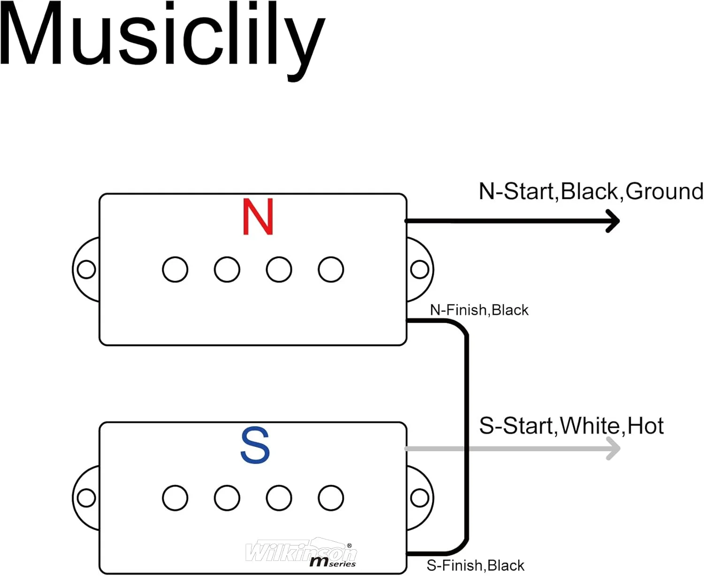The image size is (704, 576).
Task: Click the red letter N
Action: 258,217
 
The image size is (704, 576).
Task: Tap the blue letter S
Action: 255,445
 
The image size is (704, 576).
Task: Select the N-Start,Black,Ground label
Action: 591,192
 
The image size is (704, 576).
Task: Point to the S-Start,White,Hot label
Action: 571,426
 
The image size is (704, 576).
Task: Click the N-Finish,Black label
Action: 479,310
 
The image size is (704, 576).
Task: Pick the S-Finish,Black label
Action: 475,565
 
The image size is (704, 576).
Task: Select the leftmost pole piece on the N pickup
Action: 175,269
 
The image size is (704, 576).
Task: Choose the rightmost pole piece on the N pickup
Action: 331,269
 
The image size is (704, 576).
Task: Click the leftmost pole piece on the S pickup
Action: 175,498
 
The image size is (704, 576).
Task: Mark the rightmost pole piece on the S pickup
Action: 331,498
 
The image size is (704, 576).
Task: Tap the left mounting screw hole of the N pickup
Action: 86,269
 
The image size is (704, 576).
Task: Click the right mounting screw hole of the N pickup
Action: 419,269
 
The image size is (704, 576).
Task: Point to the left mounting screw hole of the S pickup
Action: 86,498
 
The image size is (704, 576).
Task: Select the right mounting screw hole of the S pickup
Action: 419,498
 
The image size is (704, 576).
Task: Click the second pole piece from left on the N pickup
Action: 227,269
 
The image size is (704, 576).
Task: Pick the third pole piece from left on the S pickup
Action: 279,498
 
